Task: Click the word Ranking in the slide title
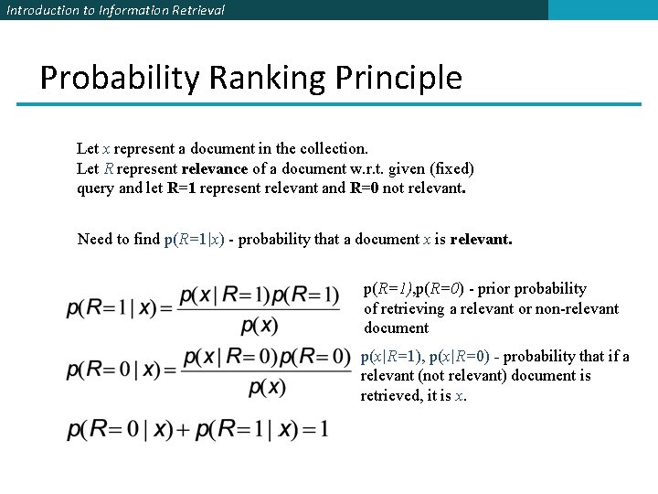point(267,78)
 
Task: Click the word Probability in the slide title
point(119,78)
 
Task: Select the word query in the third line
point(95,189)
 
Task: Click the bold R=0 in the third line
point(365,189)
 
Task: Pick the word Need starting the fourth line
point(95,240)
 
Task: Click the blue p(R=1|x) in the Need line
point(198,240)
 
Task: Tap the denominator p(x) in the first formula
point(260,325)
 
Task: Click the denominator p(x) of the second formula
point(267,387)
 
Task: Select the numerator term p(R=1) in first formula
point(305,295)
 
